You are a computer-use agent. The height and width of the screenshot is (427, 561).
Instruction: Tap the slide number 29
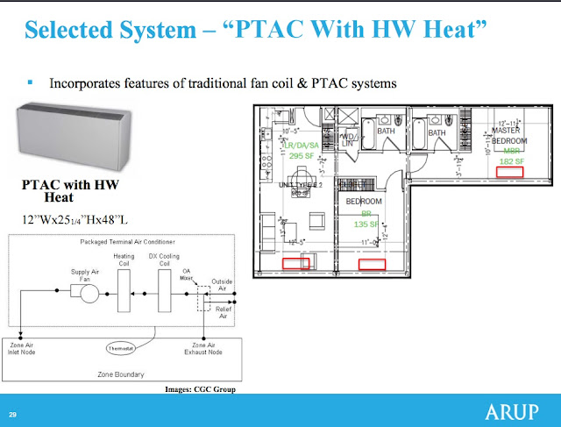point(13,414)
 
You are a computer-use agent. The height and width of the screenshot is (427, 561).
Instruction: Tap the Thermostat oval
point(122,348)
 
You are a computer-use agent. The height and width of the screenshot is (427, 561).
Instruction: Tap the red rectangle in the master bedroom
point(509,173)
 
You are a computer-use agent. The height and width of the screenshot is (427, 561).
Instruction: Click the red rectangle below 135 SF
point(373,263)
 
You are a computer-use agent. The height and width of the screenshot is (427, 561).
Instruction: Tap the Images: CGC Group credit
point(201,389)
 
